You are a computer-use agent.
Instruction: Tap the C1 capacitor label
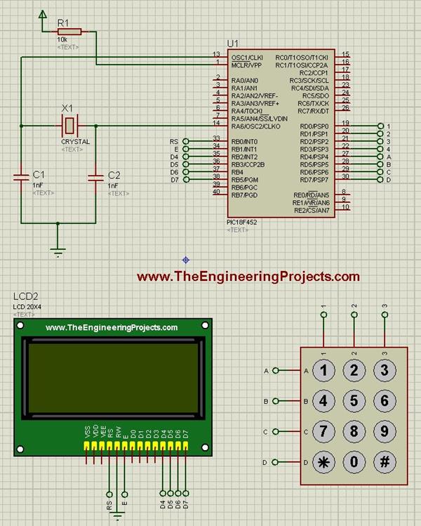[x=39, y=174]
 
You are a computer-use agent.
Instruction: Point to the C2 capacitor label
[x=114, y=174]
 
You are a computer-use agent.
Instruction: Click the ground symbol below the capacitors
[x=58, y=247]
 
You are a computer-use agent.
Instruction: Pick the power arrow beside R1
[x=44, y=15]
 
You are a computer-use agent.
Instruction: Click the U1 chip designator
[x=233, y=44]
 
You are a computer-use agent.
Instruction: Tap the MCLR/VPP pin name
[x=247, y=65]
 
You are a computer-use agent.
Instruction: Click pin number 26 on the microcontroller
[x=345, y=108]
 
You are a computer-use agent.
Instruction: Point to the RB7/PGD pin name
[x=245, y=195]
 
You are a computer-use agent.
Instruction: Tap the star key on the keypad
[x=323, y=463]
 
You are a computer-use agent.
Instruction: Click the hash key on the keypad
[x=385, y=463]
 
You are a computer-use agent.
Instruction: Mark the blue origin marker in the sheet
[x=185, y=260]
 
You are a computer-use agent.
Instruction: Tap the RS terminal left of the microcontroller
[x=185, y=141]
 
